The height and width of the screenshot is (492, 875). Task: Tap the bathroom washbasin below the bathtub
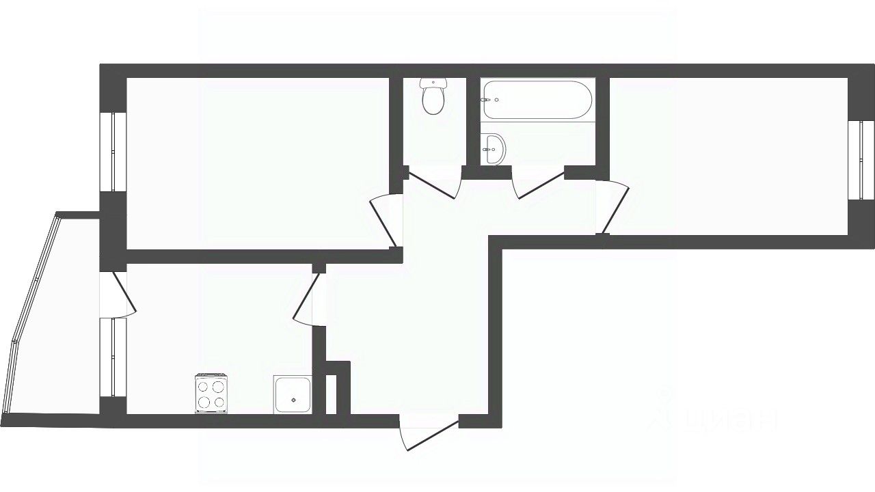(x=493, y=148)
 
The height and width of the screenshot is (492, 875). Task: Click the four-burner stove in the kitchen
(x=211, y=394)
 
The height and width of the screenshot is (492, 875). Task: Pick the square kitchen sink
(x=293, y=394)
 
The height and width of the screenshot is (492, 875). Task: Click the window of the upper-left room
(x=113, y=152)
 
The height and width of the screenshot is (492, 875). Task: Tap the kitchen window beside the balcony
(x=113, y=357)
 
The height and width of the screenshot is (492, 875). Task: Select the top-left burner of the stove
(x=204, y=386)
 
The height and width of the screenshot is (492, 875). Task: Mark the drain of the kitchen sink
(x=293, y=400)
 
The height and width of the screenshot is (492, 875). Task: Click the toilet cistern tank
(x=433, y=83)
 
